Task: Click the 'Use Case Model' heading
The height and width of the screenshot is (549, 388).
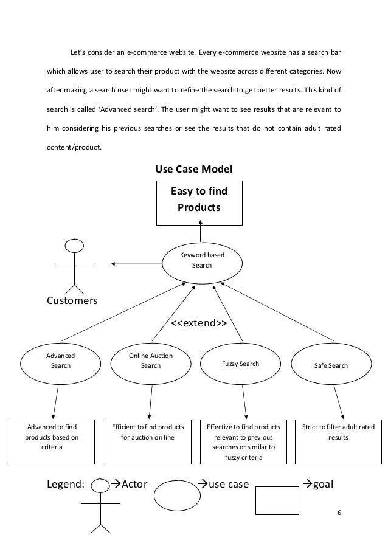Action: tap(194, 168)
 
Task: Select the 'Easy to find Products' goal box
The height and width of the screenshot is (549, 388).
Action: tap(198, 200)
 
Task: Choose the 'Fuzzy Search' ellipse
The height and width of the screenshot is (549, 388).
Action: tap(241, 364)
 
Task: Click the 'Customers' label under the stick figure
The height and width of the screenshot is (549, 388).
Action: tap(72, 301)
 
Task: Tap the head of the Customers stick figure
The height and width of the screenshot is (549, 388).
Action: tap(74, 246)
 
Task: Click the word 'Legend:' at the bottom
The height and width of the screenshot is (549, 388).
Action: tap(66, 485)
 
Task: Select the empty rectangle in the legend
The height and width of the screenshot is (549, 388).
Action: tap(277, 500)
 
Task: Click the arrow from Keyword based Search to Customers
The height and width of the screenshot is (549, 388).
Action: tap(136, 263)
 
